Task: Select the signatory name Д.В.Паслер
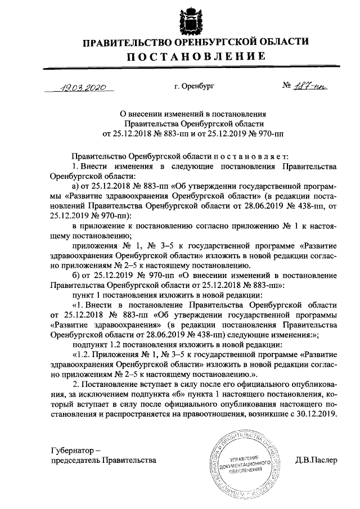(316, 460)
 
